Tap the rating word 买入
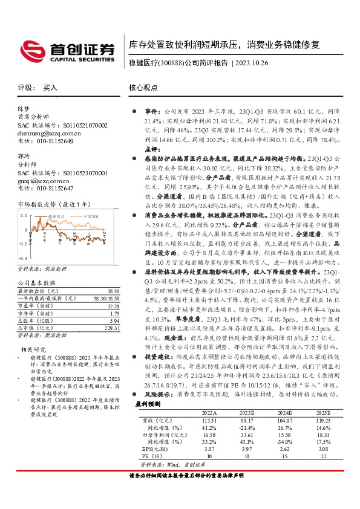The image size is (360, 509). (50, 88)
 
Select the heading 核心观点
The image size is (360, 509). (143, 88)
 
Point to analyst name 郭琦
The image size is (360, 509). (24, 156)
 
